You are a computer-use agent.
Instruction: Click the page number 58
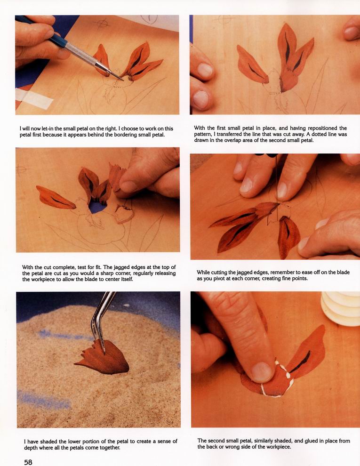tap(28, 462)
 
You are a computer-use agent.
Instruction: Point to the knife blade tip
tap(122, 80)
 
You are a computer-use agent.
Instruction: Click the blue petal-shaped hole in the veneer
tap(97, 207)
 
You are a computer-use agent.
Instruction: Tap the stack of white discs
tap(341, 308)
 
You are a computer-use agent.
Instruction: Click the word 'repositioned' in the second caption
tap(322, 129)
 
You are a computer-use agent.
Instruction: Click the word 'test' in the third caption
tap(90, 267)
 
